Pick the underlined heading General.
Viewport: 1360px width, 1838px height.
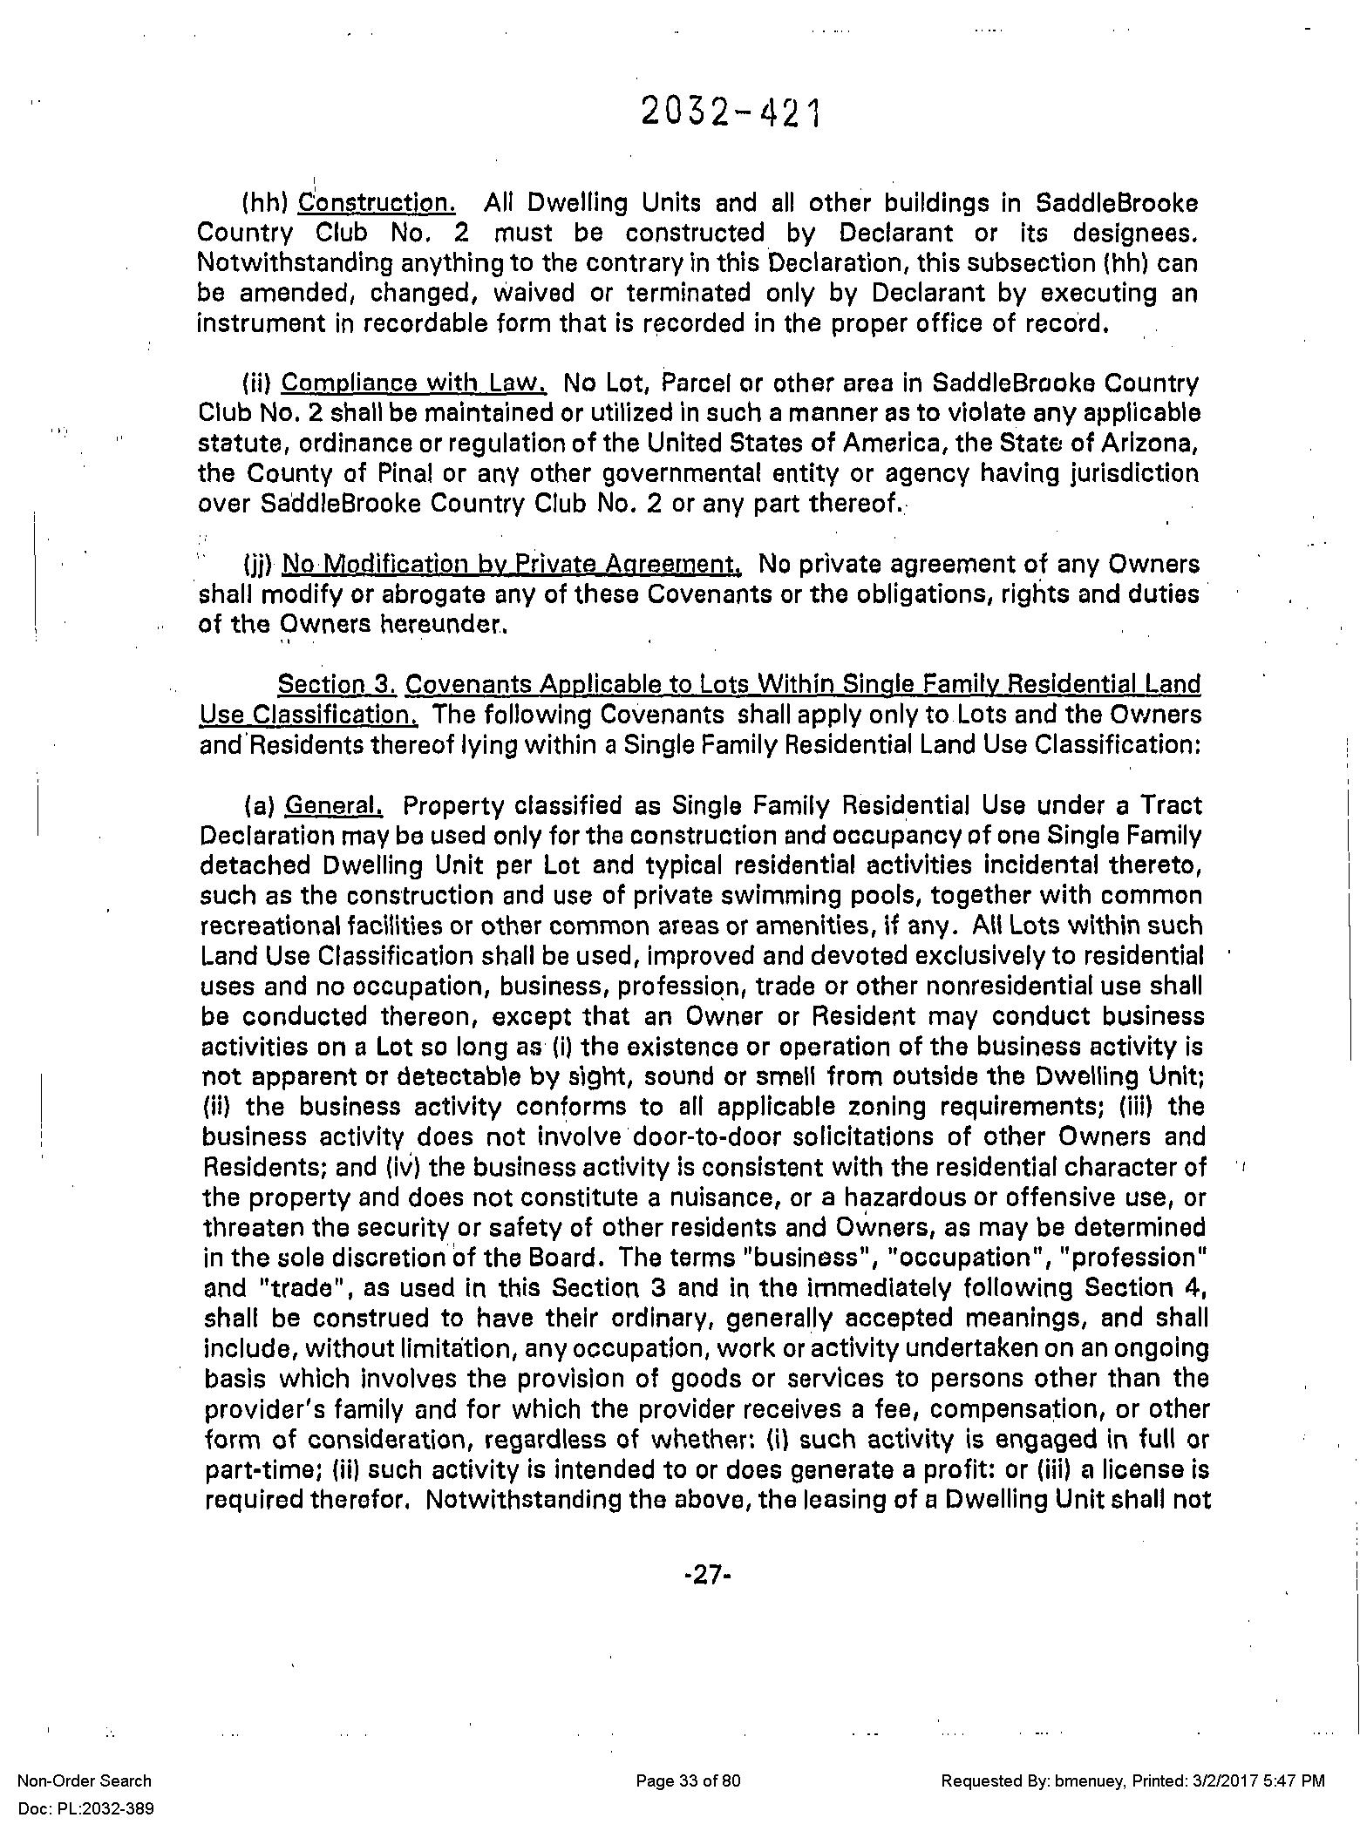point(334,805)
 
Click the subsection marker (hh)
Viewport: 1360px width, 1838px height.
point(264,204)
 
